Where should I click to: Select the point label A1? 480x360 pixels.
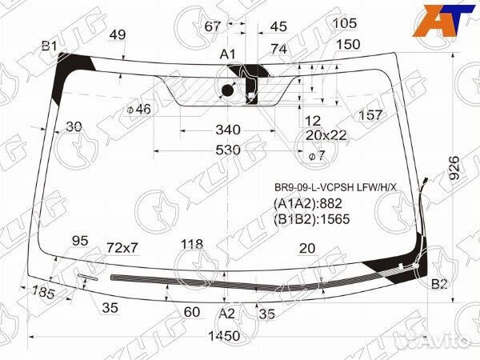coord(228,54)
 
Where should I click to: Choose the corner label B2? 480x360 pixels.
coord(439,284)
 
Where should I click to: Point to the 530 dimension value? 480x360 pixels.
coord(227,150)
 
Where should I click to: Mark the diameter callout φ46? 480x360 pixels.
coord(138,109)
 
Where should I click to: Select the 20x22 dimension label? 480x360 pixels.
coord(326,135)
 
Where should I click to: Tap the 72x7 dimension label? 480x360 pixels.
coord(123,247)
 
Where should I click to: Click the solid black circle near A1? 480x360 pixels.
coord(226,91)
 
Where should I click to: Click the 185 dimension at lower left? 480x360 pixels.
coord(44,293)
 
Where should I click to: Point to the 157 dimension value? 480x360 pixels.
coord(370,116)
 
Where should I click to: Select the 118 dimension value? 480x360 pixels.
coord(192,245)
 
